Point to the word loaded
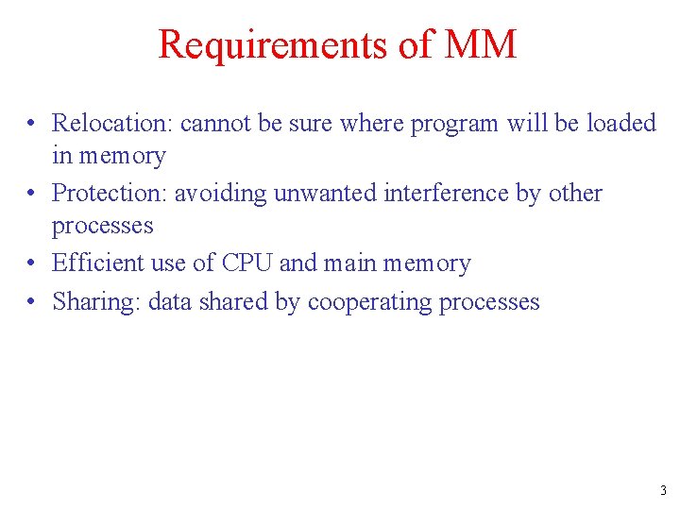(620, 123)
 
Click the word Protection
(109, 193)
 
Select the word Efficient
(98, 263)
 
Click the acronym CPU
(248, 263)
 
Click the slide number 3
(662, 490)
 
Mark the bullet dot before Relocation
(32, 124)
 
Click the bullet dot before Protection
(32, 194)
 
